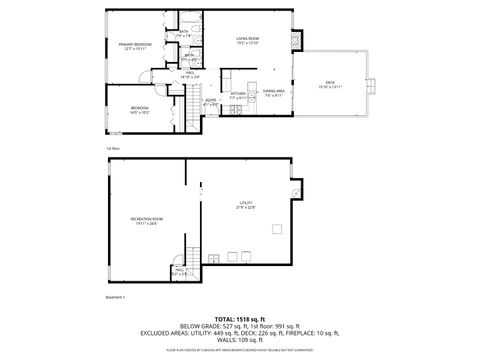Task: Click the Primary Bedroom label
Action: pos(136,46)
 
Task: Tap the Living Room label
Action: pos(247,40)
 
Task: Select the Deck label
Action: pos(330,84)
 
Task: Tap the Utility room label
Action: pos(246,206)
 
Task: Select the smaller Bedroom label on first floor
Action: pos(139,110)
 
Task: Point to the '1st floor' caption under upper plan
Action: pos(112,148)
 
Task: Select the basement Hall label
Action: pos(180,271)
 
